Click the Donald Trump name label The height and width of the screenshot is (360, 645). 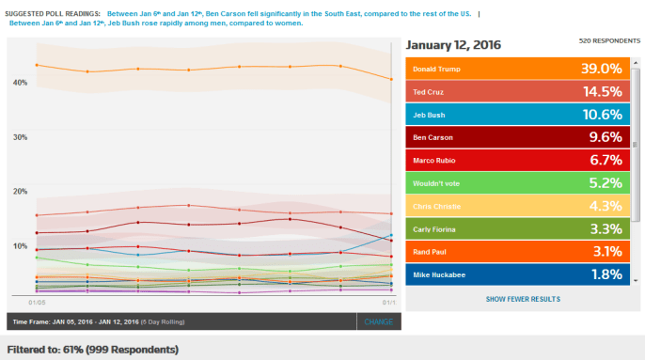pyautogui.click(x=437, y=70)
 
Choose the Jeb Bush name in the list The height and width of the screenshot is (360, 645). pyautogui.click(x=430, y=115)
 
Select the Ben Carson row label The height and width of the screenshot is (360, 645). pyautogui.click(x=433, y=138)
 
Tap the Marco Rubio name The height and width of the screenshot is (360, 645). pyautogui.click(x=434, y=161)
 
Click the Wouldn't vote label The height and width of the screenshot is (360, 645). pyautogui.click(x=437, y=183)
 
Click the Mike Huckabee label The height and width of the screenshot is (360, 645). pyautogui.click(x=438, y=274)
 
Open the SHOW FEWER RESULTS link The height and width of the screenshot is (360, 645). pyautogui.click(x=522, y=299)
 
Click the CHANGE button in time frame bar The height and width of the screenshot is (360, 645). pyautogui.click(x=379, y=321)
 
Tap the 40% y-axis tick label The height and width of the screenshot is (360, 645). pyautogui.click(x=20, y=83)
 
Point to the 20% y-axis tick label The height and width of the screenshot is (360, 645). pyautogui.click(x=20, y=191)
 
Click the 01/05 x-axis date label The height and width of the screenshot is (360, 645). pyautogui.click(x=38, y=303)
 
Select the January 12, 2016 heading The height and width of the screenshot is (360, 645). pyautogui.click(x=453, y=45)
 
